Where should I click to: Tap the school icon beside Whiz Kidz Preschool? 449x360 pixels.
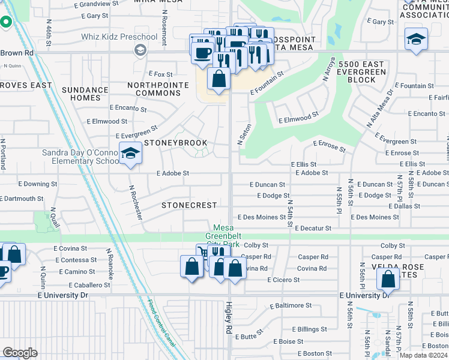pyautogui.click(x=140, y=50)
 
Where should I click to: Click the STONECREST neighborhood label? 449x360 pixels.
pyautogui.click(x=188, y=205)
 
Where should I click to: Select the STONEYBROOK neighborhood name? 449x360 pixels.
pyautogui.click(x=175, y=143)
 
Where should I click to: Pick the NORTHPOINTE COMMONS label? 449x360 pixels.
pyautogui.click(x=154, y=89)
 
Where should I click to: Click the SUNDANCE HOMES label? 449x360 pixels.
pyautogui.click(x=85, y=94)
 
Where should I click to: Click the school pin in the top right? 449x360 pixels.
pyautogui.click(x=416, y=40)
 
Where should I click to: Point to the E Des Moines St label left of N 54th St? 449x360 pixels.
pyautogui.click(x=262, y=217)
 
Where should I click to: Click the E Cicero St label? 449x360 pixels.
pyautogui.click(x=284, y=280)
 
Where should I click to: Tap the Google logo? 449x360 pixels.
pyautogui.click(x=20, y=353)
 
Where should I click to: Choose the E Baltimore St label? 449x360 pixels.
pyautogui.click(x=291, y=305)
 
